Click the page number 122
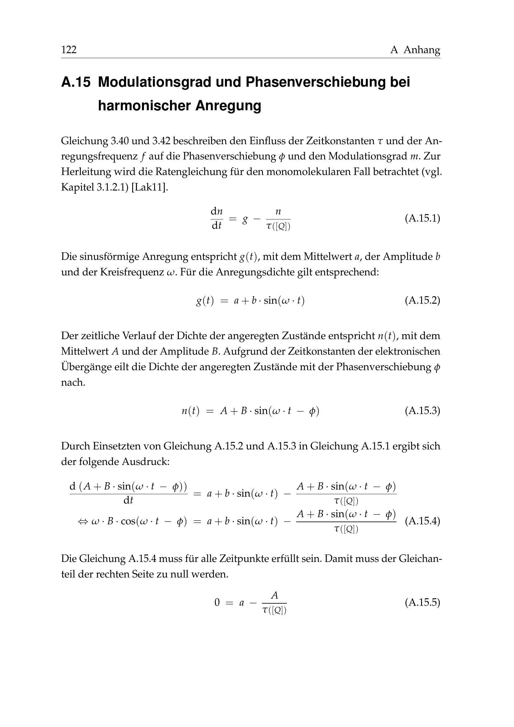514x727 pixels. click(x=69, y=50)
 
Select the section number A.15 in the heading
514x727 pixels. click(x=76, y=82)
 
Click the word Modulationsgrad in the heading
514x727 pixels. click(x=154, y=82)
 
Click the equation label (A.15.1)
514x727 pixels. click(x=422, y=219)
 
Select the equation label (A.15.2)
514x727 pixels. click(x=422, y=300)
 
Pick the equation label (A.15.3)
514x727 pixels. click(x=422, y=411)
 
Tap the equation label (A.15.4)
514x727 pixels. click(x=422, y=521)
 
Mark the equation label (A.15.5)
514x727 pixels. click(x=422, y=602)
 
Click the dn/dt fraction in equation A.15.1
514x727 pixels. click(x=217, y=219)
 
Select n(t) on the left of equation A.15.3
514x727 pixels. click(x=190, y=411)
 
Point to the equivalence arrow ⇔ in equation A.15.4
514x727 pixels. click(x=83, y=521)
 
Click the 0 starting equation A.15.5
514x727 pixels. click(x=217, y=603)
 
